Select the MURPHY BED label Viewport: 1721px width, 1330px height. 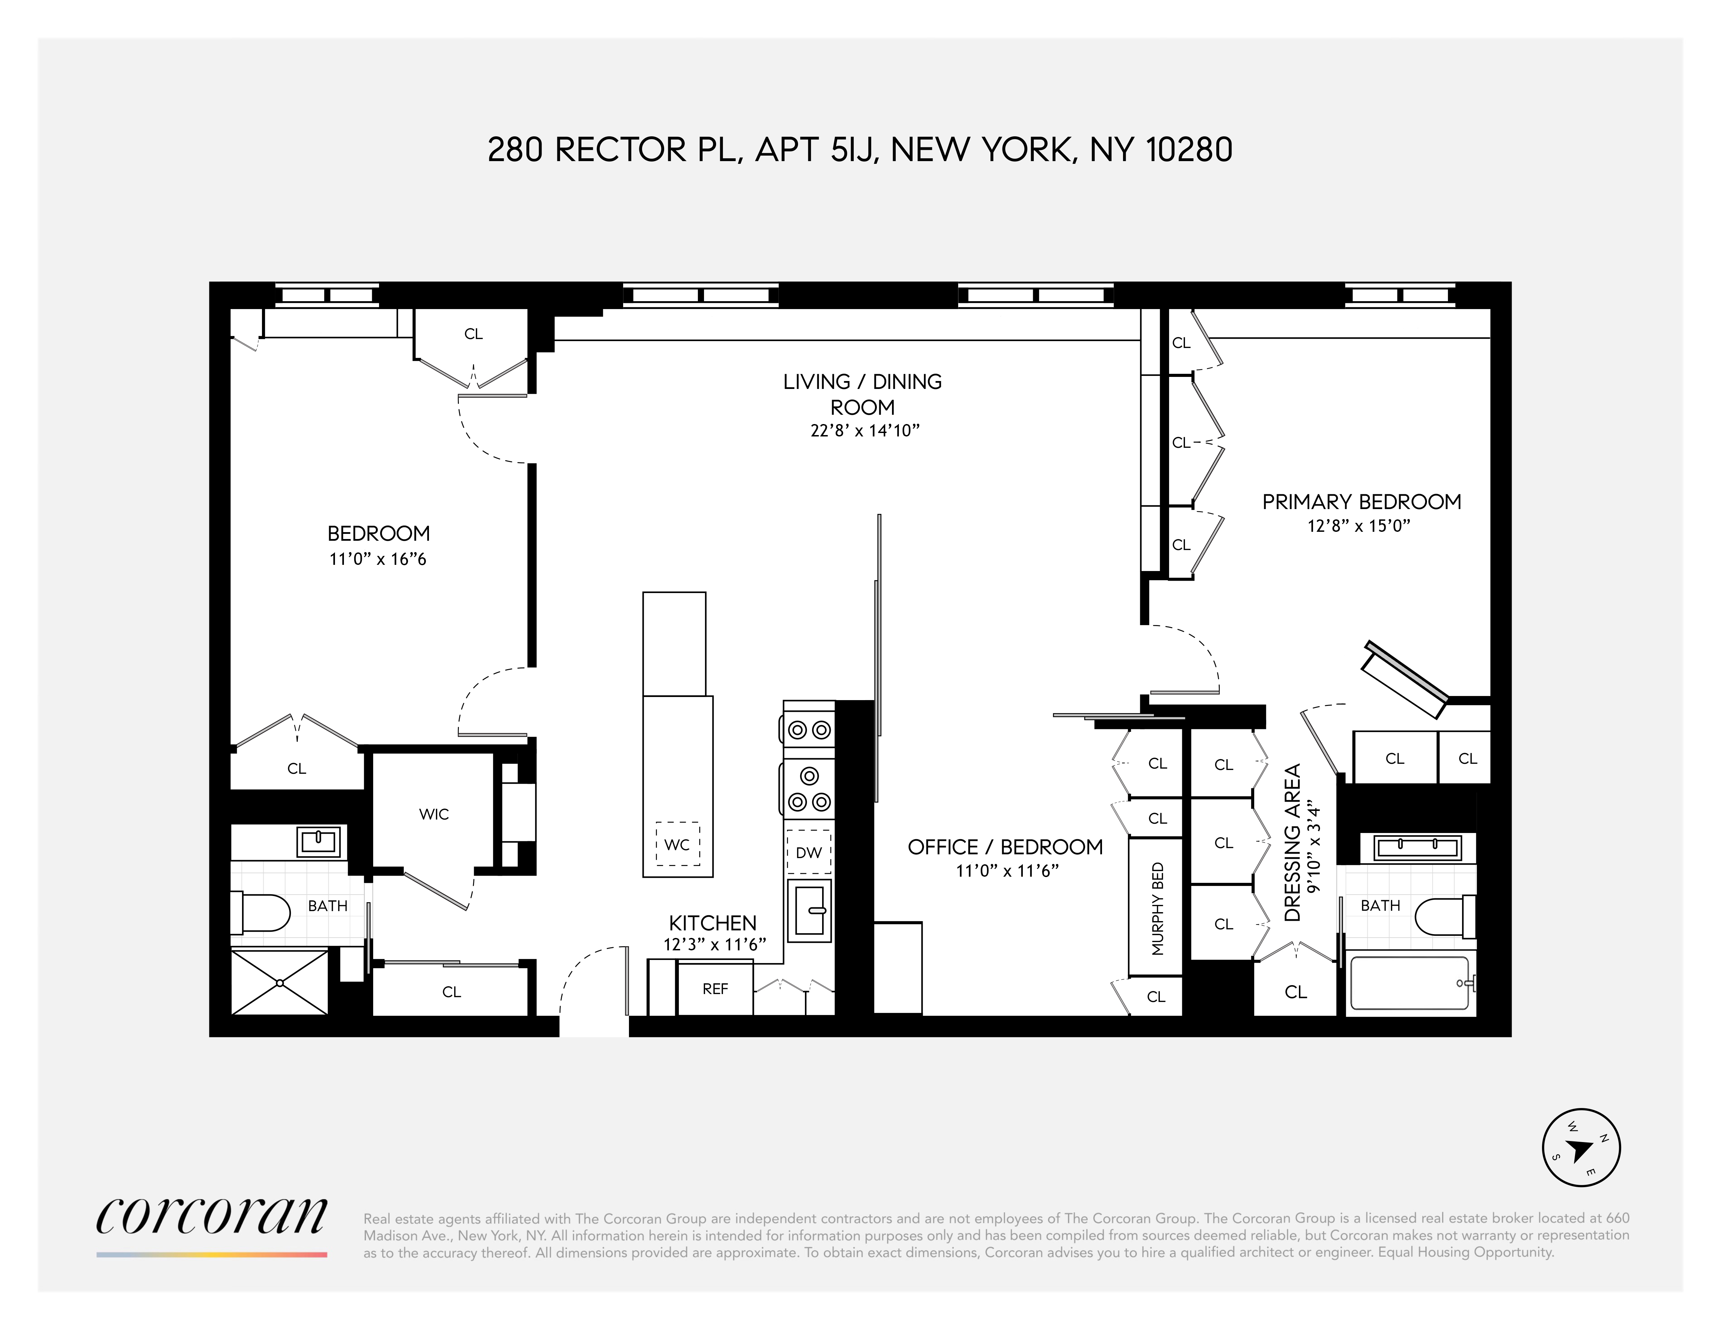tap(1157, 908)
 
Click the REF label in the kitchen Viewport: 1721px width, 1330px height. tap(715, 989)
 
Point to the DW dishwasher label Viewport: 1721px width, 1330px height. tap(808, 853)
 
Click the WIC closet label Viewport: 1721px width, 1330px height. tap(433, 814)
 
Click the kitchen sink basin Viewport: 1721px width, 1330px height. tap(809, 910)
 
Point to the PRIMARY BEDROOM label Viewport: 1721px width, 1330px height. tap(1361, 502)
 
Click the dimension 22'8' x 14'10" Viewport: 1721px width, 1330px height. tap(864, 430)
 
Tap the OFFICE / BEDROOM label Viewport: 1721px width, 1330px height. tap(1005, 847)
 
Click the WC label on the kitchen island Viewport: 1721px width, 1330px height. tap(677, 845)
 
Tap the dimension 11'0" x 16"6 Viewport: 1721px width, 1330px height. tap(377, 559)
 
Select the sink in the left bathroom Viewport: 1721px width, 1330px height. tap(318, 842)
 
